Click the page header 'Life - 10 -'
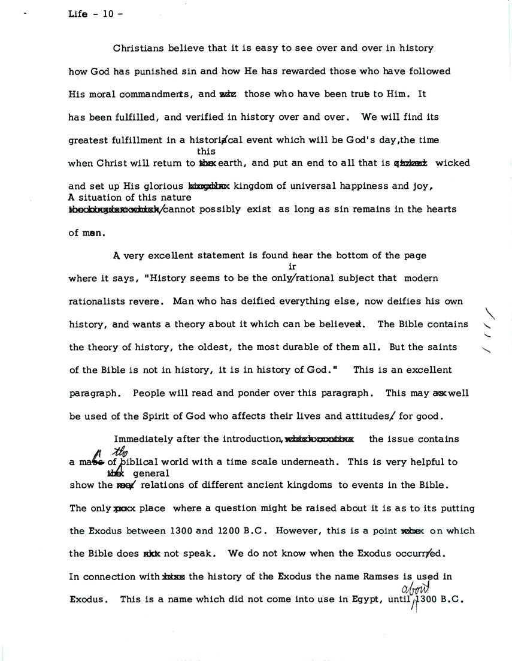[x=96, y=16]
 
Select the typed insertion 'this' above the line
[x=206, y=152]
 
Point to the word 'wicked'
[x=453, y=163]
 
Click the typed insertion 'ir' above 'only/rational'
[x=293, y=267]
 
